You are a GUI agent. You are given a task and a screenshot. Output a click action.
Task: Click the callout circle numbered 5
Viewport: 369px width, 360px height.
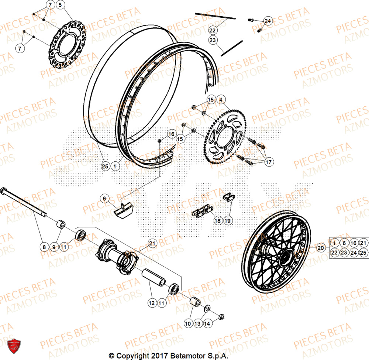pos(60,5)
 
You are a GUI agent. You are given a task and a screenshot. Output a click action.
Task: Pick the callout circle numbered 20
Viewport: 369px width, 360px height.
pos(321,248)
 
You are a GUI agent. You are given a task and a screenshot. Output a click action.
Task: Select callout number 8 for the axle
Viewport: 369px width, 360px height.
pos(44,246)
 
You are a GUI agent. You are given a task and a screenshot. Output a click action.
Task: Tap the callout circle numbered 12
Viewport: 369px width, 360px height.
pos(152,303)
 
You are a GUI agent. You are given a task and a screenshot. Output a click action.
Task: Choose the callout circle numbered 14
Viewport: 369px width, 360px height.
pos(207,323)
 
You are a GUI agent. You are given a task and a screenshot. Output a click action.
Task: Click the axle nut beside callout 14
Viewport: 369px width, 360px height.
pos(221,316)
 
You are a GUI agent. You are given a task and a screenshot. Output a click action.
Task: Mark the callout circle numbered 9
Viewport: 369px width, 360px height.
pos(54,246)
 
